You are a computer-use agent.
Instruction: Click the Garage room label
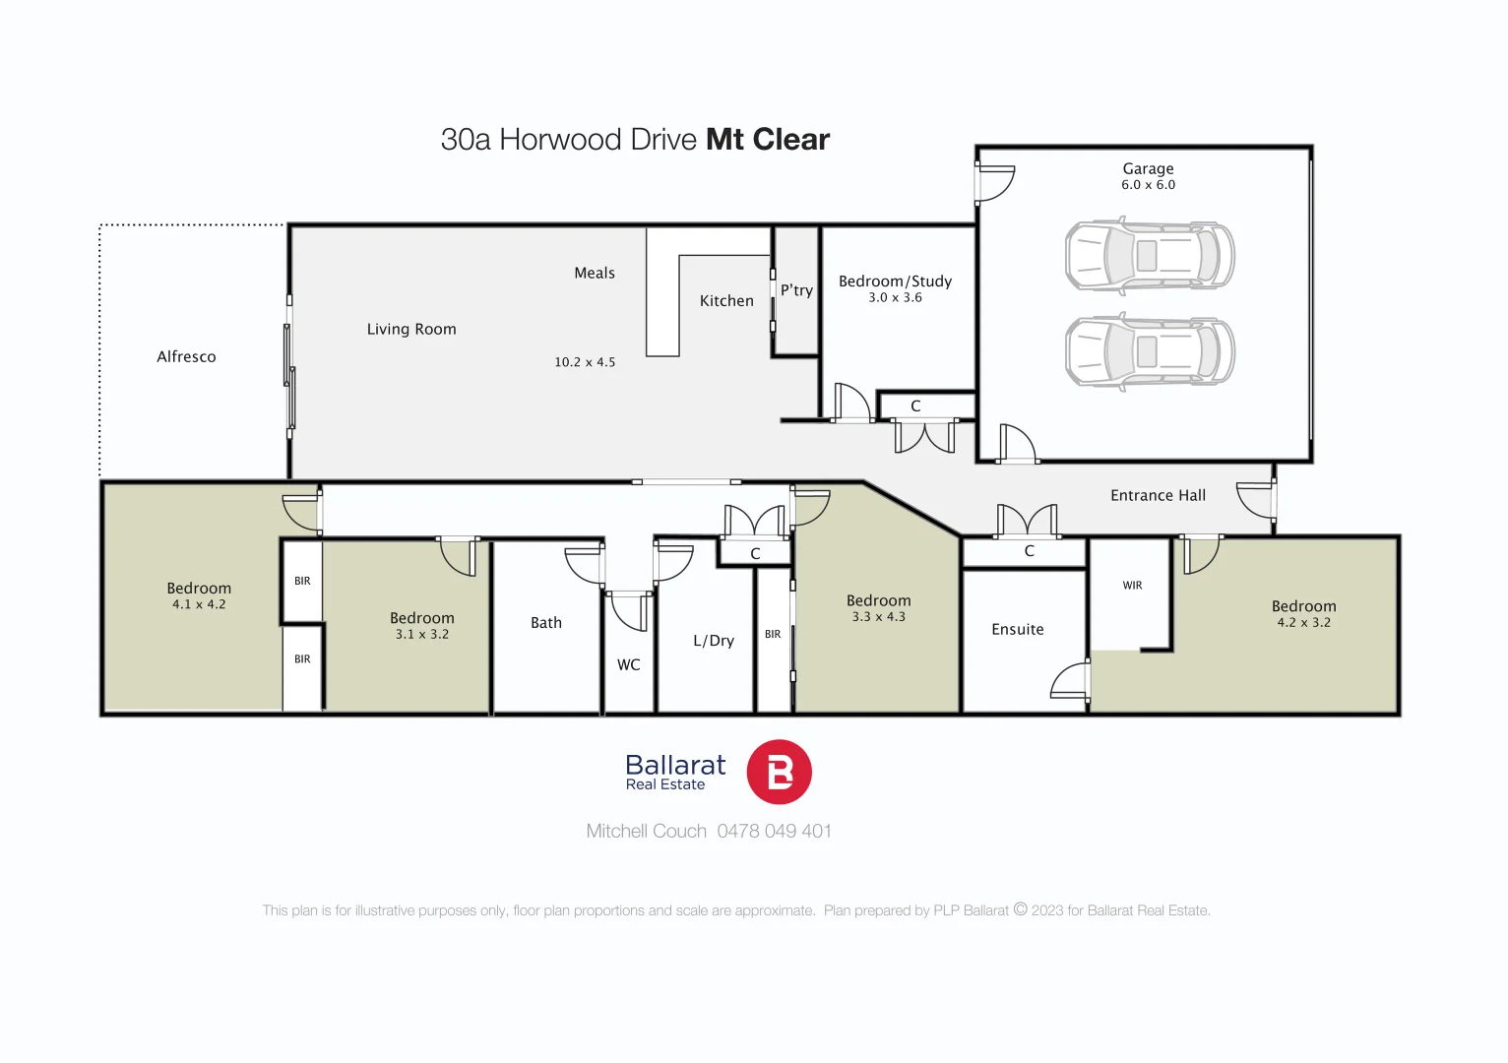point(1148,169)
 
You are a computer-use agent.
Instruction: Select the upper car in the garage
point(1149,256)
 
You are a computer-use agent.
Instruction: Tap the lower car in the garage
point(1149,351)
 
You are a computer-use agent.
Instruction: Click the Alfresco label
point(186,357)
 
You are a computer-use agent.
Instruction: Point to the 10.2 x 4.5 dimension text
point(585,362)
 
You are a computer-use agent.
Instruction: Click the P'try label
point(796,290)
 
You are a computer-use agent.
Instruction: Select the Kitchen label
point(726,301)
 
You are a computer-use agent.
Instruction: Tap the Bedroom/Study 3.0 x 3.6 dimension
point(895,297)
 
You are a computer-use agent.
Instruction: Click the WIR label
point(1132,586)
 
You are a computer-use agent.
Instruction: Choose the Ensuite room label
point(1017,630)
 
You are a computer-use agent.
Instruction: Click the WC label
point(628,665)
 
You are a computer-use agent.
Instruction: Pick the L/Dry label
point(714,641)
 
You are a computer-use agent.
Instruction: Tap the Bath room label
point(546,623)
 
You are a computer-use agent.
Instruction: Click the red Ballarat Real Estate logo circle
point(779,773)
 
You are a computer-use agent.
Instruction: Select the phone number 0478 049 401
point(774,832)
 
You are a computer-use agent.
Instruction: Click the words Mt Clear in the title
point(768,140)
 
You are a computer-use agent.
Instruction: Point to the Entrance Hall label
point(1158,496)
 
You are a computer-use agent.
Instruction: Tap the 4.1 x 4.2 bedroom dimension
point(199,604)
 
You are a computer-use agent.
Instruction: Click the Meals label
point(595,274)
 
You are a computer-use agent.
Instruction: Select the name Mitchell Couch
point(646,832)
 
